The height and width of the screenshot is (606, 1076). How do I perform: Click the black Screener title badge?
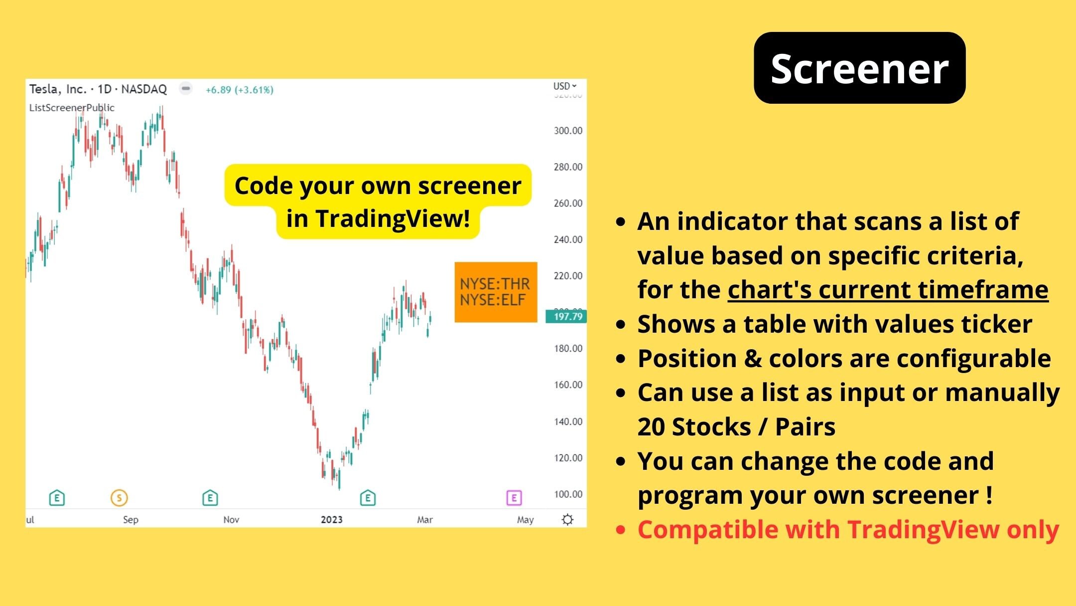point(859,68)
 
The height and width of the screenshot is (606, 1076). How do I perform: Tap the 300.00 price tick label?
point(568,131)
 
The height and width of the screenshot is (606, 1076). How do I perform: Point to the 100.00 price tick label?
point(568,494)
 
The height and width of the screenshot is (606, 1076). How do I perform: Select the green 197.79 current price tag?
point(567,316)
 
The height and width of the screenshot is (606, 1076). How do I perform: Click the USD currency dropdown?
point(564,86)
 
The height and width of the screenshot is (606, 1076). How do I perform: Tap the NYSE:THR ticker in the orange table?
point(495,284)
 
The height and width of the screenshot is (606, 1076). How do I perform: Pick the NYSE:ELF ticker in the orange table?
point(492,300)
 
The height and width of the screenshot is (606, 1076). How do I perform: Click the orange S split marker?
point(119,498)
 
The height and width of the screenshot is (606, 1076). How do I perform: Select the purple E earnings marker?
point(514,498)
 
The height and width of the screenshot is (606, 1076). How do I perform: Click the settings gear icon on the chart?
point(567,520)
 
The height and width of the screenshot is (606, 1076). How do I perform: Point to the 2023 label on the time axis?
point(332,520)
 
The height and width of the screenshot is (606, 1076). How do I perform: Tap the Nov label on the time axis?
point(231,520)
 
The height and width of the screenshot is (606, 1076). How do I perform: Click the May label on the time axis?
point(525,520)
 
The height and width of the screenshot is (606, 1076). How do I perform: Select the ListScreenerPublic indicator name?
point(72,108)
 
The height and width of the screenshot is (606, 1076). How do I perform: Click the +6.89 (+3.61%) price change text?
point(240,90)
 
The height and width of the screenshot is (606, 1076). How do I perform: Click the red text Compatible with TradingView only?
point(848,530)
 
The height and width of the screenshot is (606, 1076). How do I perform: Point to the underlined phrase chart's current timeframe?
point(888,290)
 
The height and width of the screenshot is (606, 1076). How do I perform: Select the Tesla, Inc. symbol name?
point(57,89)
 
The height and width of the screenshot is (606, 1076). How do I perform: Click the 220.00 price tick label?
point(568,276)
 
